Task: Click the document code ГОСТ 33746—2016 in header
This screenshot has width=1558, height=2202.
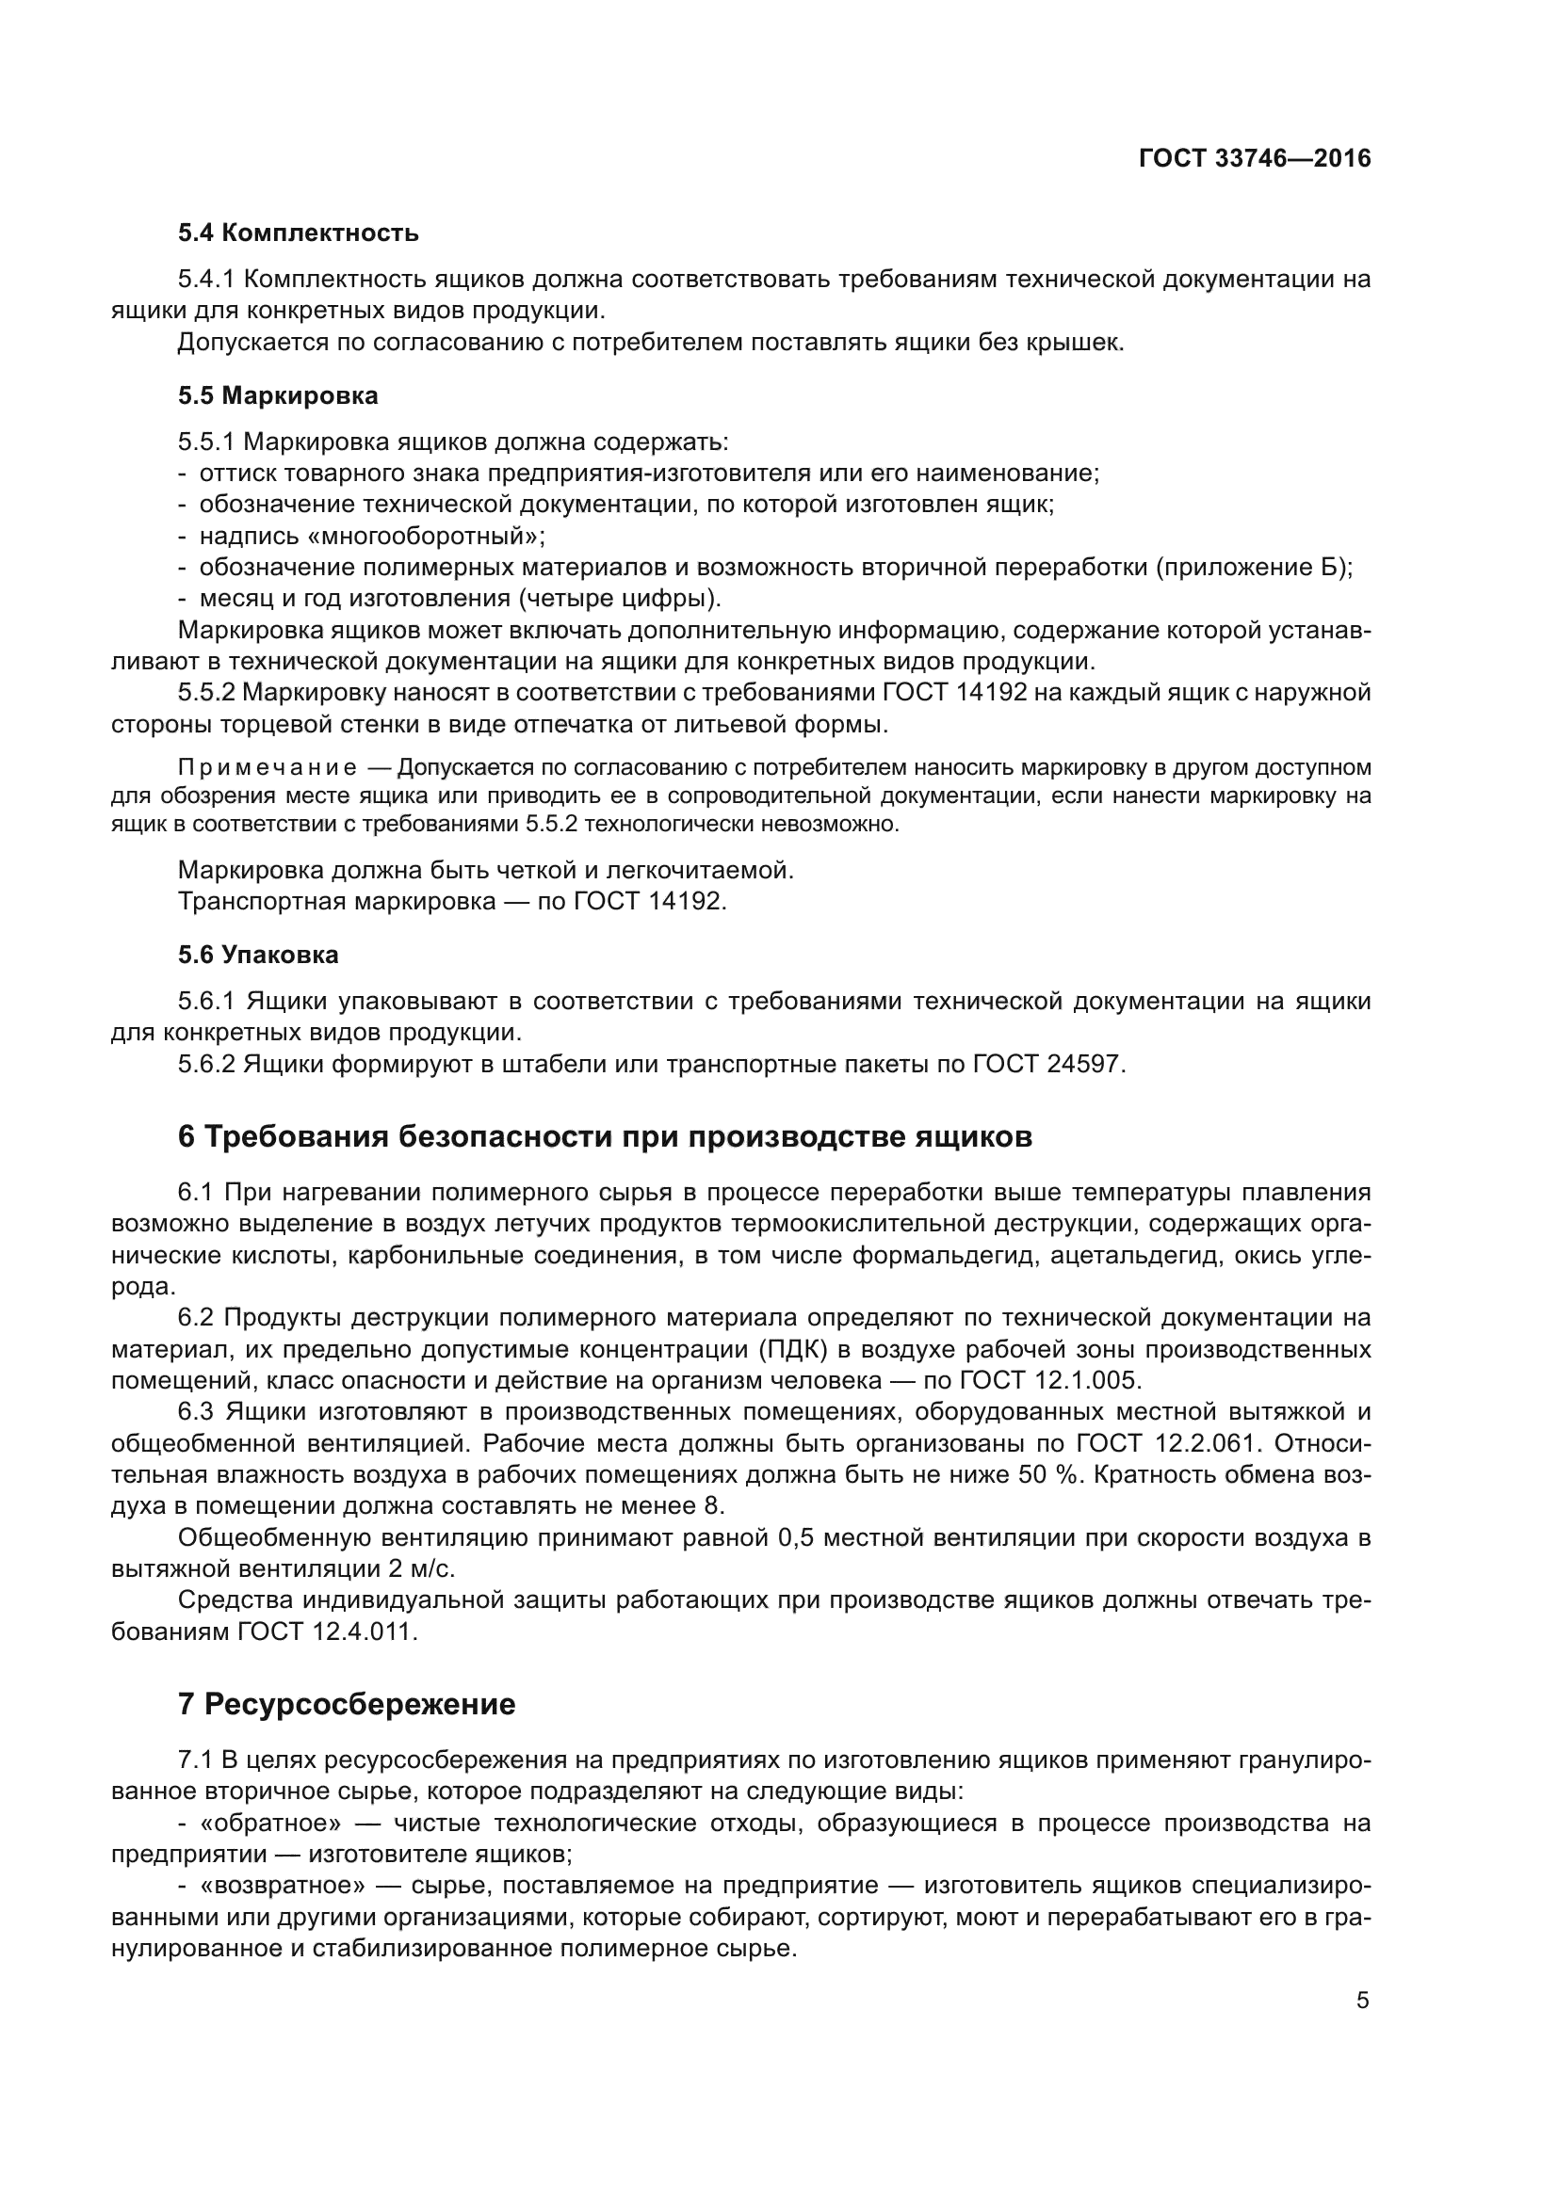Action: (1254, 159)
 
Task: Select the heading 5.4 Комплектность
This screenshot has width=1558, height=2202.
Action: (299, 233)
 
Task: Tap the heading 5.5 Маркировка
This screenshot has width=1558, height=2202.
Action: (278, 396)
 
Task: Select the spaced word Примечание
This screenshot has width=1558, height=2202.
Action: (268, 767)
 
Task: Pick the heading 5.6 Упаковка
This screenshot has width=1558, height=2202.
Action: (258, 956)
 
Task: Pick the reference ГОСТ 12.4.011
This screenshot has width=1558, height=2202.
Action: (326, 1632)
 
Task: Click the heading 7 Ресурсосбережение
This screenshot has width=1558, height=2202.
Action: (347, 1704)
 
